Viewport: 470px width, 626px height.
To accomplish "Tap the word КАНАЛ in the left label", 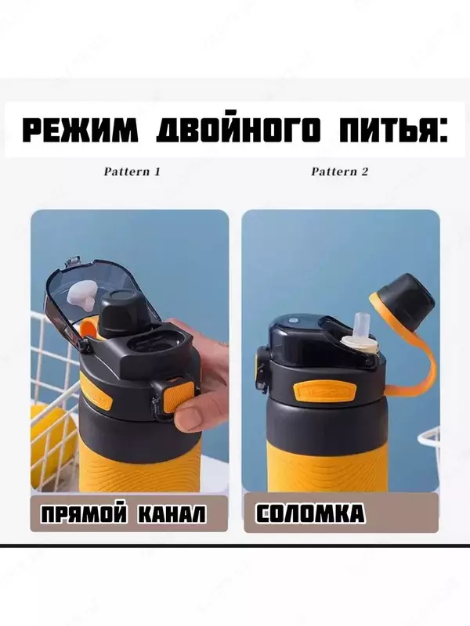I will [171, 514].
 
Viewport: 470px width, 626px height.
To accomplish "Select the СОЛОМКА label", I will [310, 514].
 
